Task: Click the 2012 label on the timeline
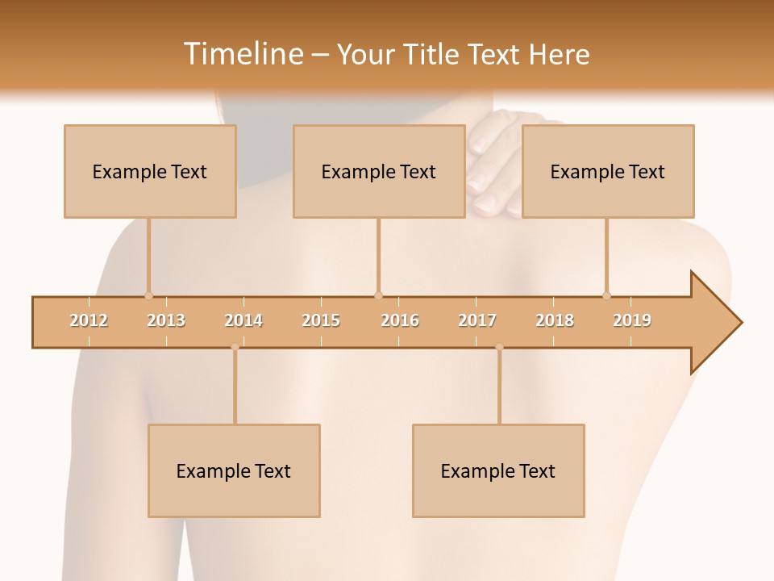click(x=89, y=320)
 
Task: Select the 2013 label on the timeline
click(x=166, y=320)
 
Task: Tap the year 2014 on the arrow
click(x=243, y=320)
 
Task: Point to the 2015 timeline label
click(x=321, y=320)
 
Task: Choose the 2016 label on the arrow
click(x=400, y=320)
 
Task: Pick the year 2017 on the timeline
click(x=477, y=320)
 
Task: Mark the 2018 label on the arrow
click(x=555, y=320)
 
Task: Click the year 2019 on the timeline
click(x=632, y=320)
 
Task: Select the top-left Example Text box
click(x=150, y=171)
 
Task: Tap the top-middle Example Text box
click(x=379, y=171)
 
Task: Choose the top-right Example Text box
click(x=608, y=171)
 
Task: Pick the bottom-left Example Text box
click(x=234, y=470)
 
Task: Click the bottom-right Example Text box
click(x=498, y=470)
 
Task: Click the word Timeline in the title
click(x=242, y=54)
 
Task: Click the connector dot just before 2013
click(x=148, y=295)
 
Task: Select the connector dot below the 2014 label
click(x=235, y=347)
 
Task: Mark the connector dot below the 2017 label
click(x=499, y=347)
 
